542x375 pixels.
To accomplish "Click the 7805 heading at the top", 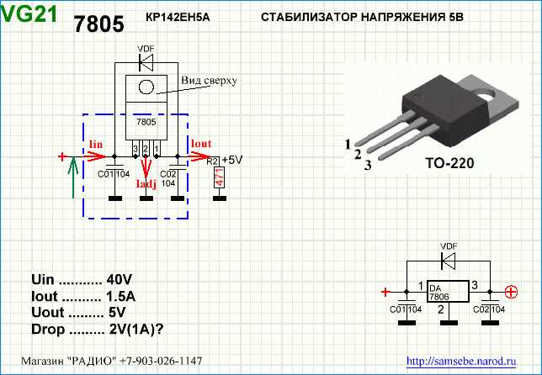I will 98,24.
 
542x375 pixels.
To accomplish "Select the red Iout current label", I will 201,144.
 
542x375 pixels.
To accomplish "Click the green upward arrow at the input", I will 74,177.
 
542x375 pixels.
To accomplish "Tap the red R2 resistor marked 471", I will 219,178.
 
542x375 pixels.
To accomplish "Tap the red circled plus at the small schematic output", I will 510,293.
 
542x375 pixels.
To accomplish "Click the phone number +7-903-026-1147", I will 156,361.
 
